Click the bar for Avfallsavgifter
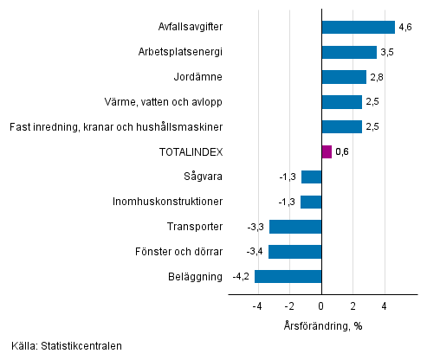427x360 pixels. pyautogui.click(x=358, y=27)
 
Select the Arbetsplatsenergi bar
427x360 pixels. pyautogui.click(x=349, y=52)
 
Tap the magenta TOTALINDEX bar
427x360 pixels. pyautogui.click(x=327, y=152)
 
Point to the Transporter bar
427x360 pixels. pyautogui.click(x=295, y=227)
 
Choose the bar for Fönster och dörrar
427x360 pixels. pyautogui.click(x=294, y=252)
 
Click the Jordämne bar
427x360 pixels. pyautogui.click(x=344, y=77)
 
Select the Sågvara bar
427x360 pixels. pyautogui.click(x=311, y=177)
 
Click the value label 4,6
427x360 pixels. pyautogui.click(x=405, y=28)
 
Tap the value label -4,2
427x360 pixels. pyautogui.click(x=242, y=278)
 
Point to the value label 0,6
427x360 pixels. pyautogui.click(x=342, y=153)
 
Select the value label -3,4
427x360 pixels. pyautogui.click(x=255, y=253)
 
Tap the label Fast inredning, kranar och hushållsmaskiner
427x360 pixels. pyautogui.click(x=116, y=127)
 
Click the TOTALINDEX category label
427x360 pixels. pyautogui.click(x=191, y=152)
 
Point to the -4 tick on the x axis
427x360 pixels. pyautogui.click(x=257, y=306)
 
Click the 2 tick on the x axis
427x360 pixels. pyautogui.click(x=353, y=306)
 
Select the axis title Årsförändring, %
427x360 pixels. pyautogui.click(x=321, y=325)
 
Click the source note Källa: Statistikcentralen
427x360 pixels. pyautogui.click(x=67, y=346)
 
